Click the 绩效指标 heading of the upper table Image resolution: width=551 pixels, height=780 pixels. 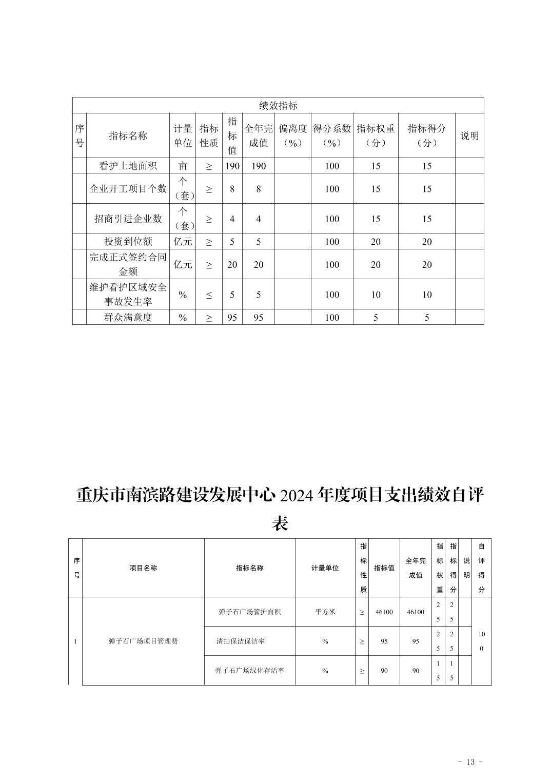278,106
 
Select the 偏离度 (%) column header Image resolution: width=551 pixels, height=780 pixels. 292,135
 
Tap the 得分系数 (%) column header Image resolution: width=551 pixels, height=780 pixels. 332,135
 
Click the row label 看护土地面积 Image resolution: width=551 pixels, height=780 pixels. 128,166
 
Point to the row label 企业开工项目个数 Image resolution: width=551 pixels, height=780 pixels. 128,188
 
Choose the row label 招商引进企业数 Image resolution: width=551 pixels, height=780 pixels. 128,219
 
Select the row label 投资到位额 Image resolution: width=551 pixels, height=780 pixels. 128,242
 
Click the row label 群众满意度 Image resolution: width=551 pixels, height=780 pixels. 128,317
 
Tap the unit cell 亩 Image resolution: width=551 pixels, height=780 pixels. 183,166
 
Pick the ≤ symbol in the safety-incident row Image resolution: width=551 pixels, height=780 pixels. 209,295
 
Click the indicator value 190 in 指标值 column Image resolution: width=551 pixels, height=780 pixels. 232,166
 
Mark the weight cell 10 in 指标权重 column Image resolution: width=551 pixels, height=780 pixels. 376,295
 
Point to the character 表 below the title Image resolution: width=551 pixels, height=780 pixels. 280,523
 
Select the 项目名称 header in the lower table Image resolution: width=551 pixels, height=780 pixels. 143,568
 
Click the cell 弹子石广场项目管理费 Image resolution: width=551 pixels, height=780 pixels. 143,641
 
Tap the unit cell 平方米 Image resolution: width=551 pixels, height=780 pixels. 325,612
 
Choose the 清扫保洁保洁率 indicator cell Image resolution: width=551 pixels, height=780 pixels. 241,641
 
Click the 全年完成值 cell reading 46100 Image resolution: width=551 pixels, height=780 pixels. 416,612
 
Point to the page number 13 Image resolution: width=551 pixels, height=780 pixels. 470,762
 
